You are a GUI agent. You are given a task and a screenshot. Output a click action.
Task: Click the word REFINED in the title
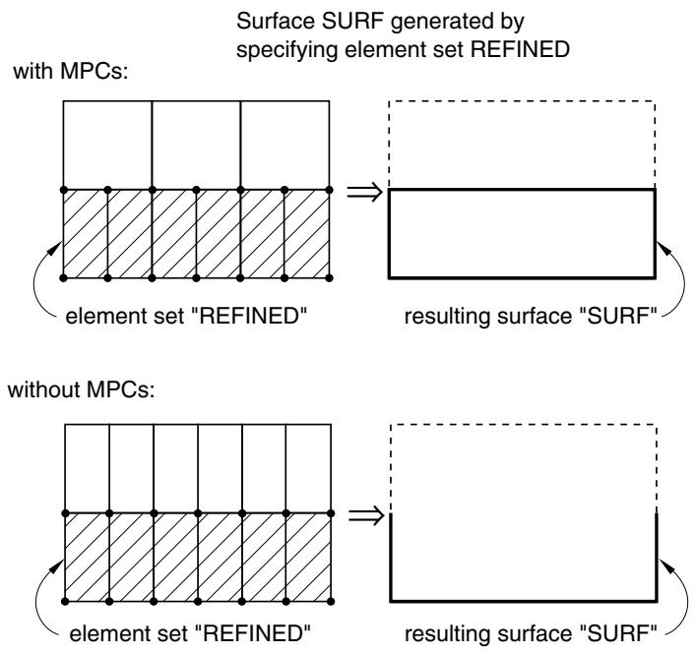520,49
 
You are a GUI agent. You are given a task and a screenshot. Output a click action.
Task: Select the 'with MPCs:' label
71,71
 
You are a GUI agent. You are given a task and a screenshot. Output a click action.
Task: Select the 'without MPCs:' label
82,389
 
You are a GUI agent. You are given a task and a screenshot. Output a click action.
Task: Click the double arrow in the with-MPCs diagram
364,193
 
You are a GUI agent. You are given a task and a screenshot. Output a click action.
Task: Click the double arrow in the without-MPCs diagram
366,515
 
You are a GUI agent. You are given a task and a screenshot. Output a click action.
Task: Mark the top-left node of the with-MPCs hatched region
63,190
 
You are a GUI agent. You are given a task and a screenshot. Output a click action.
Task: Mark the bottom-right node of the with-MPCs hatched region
330,278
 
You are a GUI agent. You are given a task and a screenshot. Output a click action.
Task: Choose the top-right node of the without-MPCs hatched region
331,513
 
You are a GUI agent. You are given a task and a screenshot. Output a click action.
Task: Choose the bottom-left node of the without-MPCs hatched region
65,602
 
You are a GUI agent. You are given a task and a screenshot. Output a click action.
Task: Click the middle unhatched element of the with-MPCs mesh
196,146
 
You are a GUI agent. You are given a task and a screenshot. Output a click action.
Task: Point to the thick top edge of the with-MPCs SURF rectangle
522,190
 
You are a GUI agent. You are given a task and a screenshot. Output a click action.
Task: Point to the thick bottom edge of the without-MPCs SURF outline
524,601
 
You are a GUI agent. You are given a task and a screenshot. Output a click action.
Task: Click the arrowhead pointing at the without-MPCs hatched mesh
57,566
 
